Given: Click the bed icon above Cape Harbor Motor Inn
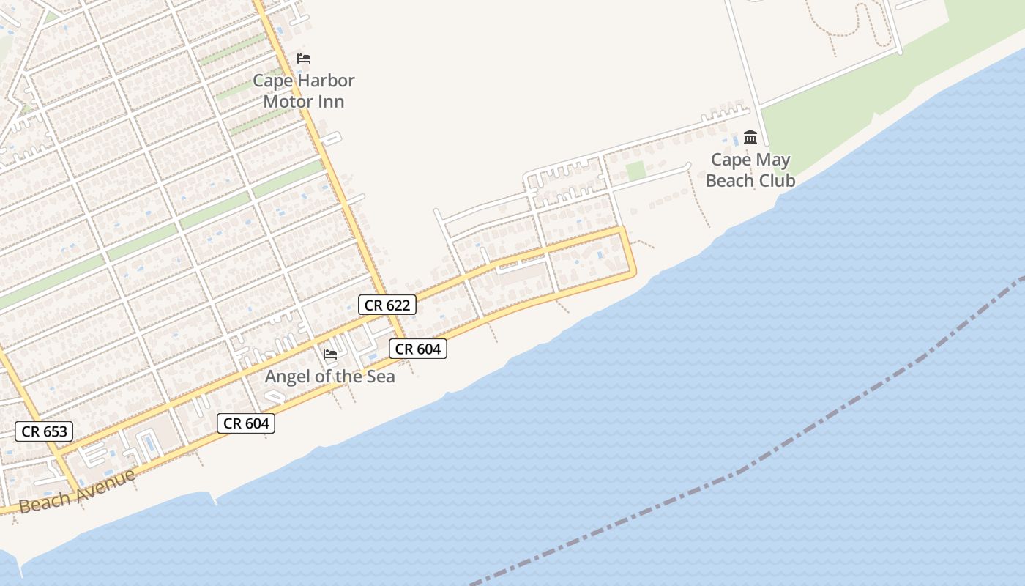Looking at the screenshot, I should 304,59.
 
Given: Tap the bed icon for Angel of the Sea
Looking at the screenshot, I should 330,355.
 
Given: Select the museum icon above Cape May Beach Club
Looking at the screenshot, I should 750,137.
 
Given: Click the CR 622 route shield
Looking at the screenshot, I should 387,305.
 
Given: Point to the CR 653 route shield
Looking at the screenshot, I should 45,431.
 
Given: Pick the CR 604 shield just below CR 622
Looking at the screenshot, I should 418,349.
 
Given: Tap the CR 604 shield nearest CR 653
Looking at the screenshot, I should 246,423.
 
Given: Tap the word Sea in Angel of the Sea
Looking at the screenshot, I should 380,377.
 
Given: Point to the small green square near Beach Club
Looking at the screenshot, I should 635,171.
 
